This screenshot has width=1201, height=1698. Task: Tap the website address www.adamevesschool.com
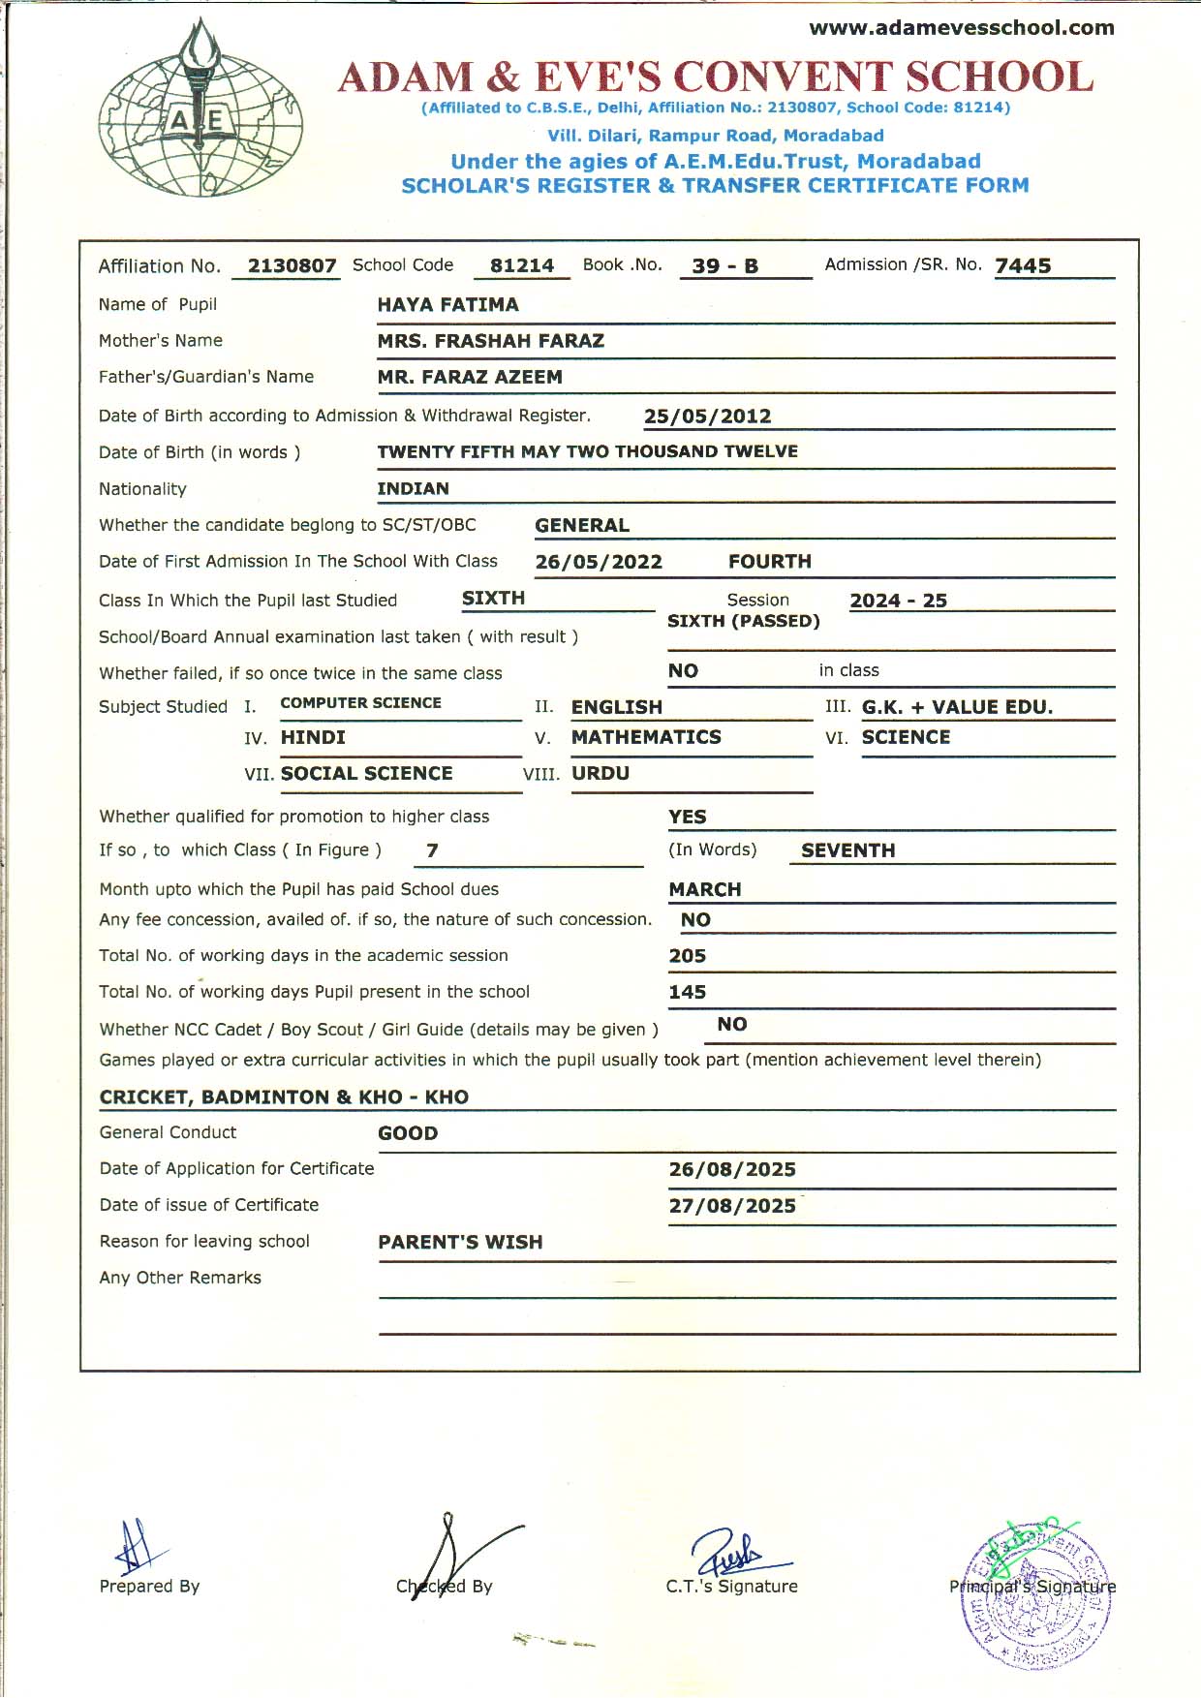coord(961,28)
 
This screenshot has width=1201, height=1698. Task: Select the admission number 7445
coord(1023,266)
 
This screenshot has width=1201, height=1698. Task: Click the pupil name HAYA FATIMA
coord(447,305)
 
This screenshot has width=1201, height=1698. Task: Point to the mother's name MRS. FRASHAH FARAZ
coord(490,341)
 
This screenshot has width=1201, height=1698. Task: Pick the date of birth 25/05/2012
coord(707,417)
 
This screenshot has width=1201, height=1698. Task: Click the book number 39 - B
coord(724,266)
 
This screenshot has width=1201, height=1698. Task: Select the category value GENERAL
coord(582,526)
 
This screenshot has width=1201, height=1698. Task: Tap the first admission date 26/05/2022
coord(599,563)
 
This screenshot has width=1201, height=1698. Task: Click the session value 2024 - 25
coord(898,601)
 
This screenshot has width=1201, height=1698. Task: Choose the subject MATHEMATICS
coord(646,737)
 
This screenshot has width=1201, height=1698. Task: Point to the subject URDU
coord(600,774)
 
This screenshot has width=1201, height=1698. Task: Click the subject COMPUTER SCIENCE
coord(360,703)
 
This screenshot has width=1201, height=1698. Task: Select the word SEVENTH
coord(847,850)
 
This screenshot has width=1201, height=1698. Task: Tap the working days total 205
coord(687,956)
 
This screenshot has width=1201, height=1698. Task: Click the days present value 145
coord(687,992)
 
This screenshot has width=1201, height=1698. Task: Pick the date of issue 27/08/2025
coord(732,1206)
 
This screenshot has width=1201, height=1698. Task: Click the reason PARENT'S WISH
coord(460,1243)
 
